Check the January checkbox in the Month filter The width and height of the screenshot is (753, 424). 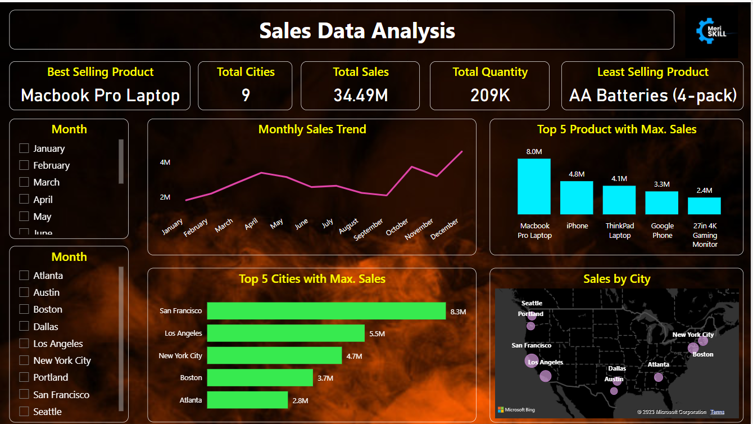point(24,148)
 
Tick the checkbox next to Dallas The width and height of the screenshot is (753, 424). point(24,326)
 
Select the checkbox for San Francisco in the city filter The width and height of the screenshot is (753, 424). point(24,394)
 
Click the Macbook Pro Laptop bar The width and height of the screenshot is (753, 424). point(534,186)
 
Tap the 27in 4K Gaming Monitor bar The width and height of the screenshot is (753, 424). point(704,206)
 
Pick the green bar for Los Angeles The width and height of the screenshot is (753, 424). point(285,333)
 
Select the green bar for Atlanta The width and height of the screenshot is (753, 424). point(247,400)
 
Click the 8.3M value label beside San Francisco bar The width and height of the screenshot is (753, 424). point(458,311)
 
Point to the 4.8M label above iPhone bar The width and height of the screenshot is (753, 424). point(577,174)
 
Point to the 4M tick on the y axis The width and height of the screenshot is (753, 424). point(165,163)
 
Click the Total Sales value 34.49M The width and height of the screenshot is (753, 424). point(360,95)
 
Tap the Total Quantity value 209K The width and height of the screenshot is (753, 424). point(490,95)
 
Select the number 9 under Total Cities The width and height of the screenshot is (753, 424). point(246,95)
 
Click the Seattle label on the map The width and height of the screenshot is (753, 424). point(532,303)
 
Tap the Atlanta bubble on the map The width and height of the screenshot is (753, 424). point(659,377)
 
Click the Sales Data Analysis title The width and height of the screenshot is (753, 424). point(357,30)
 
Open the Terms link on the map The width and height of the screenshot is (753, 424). point(717,412)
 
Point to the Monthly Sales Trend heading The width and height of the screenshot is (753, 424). point(312,129)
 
